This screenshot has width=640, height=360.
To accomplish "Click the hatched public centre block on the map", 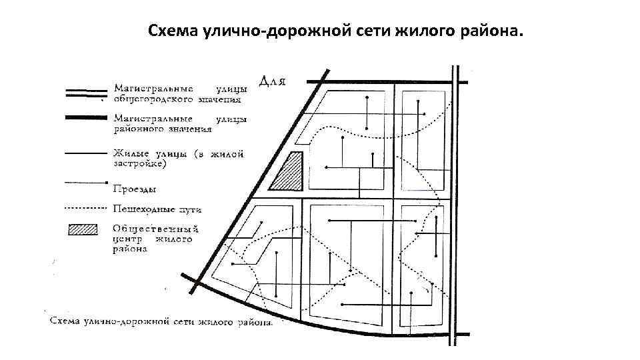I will pyautogui.click(x=289, y=171).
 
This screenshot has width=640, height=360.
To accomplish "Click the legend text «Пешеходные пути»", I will pyautogui.click(x=157, y=209).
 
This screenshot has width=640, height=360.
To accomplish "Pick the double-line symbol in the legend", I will pyautogui.click(x=85, y=93).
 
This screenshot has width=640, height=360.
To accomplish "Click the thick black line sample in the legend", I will pyautogui.click(x=85, y=117).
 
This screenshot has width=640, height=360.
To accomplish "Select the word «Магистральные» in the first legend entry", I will pyautogui.click(x=153, y=88).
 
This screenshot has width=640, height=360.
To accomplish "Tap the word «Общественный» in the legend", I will pyautogui.click(x=156, y=229).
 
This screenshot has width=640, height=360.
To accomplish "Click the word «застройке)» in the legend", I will pyautogui.click(x=140, y=163).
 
